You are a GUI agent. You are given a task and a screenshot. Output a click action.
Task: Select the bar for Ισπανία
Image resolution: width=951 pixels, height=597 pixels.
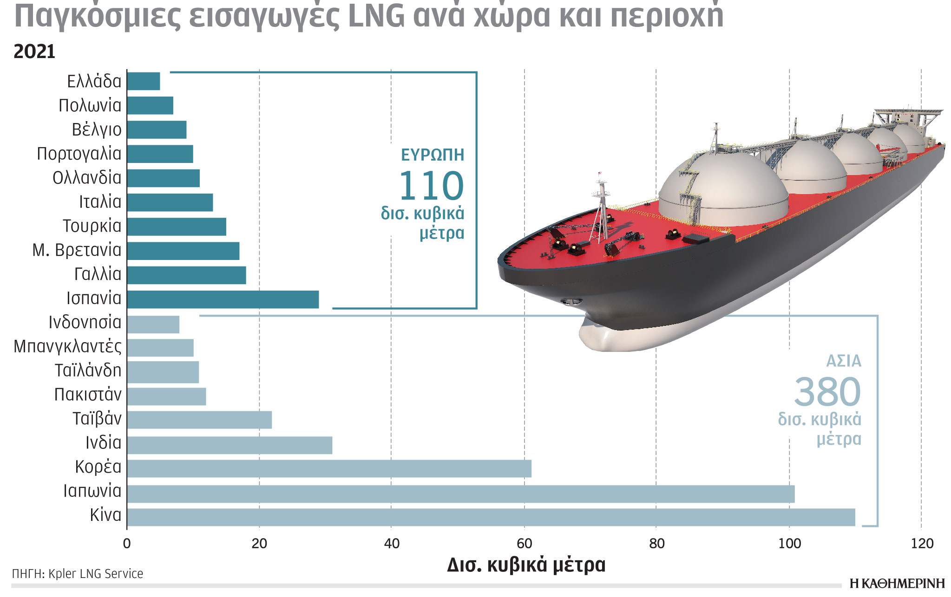pyautogui.click(x=223, y=299)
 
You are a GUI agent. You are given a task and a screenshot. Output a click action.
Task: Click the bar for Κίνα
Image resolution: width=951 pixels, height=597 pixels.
pyautogui.click(x=491, y=517)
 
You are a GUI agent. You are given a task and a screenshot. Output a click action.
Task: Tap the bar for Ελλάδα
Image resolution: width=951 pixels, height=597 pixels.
pyautogui.click(x=144, y=81)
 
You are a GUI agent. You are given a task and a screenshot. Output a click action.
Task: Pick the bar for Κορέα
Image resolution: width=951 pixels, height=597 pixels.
pyautogui.click(x=329, y=468)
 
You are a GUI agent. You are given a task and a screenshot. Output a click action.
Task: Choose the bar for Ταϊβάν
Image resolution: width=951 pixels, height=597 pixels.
pyautogui.click(x=199, y=420)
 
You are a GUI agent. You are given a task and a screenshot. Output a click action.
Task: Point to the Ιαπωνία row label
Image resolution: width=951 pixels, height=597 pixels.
pyautogui.click(x=92, y=491)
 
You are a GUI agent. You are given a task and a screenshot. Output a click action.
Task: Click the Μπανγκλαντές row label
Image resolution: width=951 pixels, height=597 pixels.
pyautogui.click(x=67, y=346)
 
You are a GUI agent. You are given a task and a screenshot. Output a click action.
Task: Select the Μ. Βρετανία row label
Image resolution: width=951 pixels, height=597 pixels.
pyautogui.click(x=77, y=250)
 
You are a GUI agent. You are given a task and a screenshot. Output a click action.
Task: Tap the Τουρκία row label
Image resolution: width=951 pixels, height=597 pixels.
pyautogui.click(x=92, y=226)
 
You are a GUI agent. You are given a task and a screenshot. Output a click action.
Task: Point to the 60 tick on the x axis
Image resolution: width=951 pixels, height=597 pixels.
pyautogui.click(x=524, y=544)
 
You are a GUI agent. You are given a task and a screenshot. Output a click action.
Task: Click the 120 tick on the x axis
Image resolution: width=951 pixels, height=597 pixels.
pyautogui.click(x=922, y=544)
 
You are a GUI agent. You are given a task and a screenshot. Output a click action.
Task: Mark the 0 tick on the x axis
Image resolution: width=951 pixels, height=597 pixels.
pyautogui.click(x=127, y=544)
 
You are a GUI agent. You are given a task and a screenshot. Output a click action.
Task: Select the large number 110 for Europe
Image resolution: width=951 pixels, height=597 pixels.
pyautogui.click(x=431, y=186)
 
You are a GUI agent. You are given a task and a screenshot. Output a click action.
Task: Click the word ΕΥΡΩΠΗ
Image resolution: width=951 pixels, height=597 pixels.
pyautogui.click(x=432, y=155)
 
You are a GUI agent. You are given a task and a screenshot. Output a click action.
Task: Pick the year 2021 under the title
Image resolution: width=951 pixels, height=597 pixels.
pyautogui.click(x=34, y=52)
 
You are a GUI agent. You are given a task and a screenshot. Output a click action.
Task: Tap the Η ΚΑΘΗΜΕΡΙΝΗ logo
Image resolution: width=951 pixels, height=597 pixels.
pyautogui.click(x=897, y=584)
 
